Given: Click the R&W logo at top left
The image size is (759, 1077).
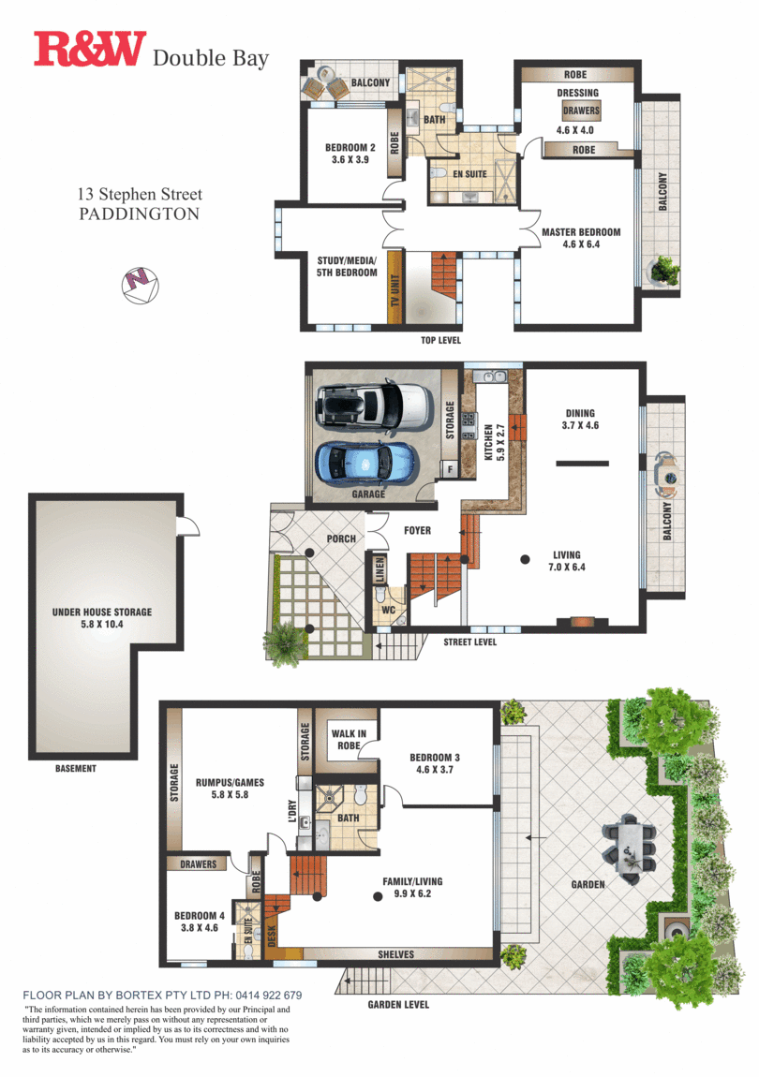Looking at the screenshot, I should [90, 50].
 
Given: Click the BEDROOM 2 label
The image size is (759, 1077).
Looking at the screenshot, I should [350, 154].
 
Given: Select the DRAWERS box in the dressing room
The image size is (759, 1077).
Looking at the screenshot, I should [581, 111].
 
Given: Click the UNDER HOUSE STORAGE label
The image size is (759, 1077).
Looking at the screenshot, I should [102, 618].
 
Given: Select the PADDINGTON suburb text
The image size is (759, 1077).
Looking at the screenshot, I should [139, 214].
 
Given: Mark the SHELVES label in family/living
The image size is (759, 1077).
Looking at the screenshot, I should [395, 954].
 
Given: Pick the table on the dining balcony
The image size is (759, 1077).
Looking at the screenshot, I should [667, 476].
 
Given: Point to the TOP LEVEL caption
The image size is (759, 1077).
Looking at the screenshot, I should [440, 340].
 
